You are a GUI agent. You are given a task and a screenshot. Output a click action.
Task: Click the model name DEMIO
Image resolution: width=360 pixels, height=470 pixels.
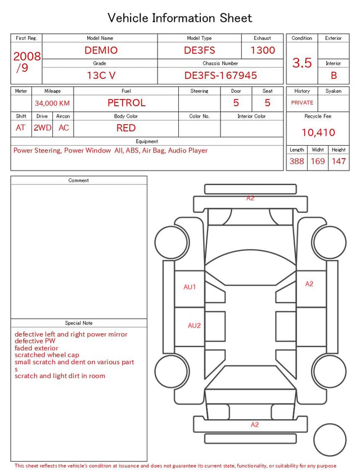101,50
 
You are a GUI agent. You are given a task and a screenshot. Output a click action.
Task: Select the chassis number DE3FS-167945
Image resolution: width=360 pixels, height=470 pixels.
220,75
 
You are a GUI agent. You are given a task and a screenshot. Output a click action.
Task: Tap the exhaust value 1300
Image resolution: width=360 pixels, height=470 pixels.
263,50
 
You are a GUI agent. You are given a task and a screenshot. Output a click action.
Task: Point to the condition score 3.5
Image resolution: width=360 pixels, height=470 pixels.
302,63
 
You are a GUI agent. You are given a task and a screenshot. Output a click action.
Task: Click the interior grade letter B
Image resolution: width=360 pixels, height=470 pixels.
334,75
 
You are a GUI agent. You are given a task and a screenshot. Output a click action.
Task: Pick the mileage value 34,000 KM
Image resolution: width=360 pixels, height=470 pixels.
52,104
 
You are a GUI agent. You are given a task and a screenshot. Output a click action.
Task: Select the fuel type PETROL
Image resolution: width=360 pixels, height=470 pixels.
127,103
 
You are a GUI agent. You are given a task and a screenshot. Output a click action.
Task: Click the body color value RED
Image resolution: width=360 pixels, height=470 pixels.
126,128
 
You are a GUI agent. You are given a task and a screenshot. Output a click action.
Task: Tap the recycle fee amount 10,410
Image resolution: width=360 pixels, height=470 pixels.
318,132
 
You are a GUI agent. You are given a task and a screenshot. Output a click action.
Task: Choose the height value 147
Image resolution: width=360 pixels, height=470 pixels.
339,161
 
